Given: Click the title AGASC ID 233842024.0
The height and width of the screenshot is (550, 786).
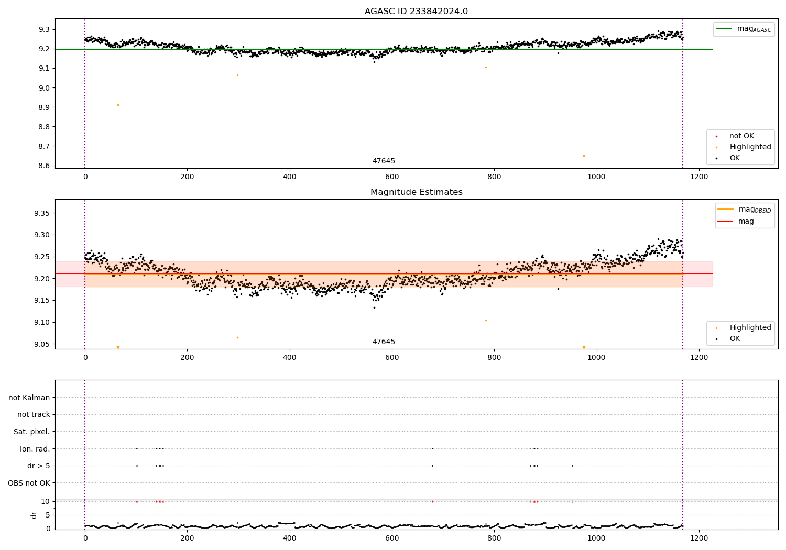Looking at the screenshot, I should pyautogui.click(x=416, y=12).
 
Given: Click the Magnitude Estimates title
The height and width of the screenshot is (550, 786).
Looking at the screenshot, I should pyautogui.click(x=416, y=192).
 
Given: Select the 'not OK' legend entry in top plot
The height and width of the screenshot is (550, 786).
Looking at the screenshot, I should pyautogui.click(x=741, y=136).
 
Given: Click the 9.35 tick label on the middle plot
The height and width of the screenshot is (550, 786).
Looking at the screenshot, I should pyautogui.click(x=42, y=213).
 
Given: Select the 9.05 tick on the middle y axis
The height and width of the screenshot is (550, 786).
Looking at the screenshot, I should pyautogui.click(x=42, y=344).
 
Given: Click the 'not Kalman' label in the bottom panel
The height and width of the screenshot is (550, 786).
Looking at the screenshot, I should pyautogui.click(x=29, y=398).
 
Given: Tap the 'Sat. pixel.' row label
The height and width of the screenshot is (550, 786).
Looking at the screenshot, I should pyautogui.click(x=32, y=432).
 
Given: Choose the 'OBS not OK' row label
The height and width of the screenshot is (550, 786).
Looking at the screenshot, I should pyautogui.click(x=29, y=483).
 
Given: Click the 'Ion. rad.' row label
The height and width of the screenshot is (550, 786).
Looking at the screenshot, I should pyautogui.click(x=35, y=449).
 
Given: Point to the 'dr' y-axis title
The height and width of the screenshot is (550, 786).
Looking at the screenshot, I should pyautogui.click(x=34, y=515).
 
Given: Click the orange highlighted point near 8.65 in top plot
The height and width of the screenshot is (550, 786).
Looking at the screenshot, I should pyautogui.click(x=584, y=156).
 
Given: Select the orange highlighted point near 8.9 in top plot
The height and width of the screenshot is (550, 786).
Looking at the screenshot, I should pyautogui.click(x=118, y=105).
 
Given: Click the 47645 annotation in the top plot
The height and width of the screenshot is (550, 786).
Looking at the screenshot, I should pyautogui.click(x=384, y=161).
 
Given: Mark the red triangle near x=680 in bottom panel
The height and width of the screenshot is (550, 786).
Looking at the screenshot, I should pyautogui.click(x=432, y=501).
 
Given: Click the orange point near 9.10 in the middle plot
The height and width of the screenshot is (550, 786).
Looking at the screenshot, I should pyautogui.click(x=486, y=320).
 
